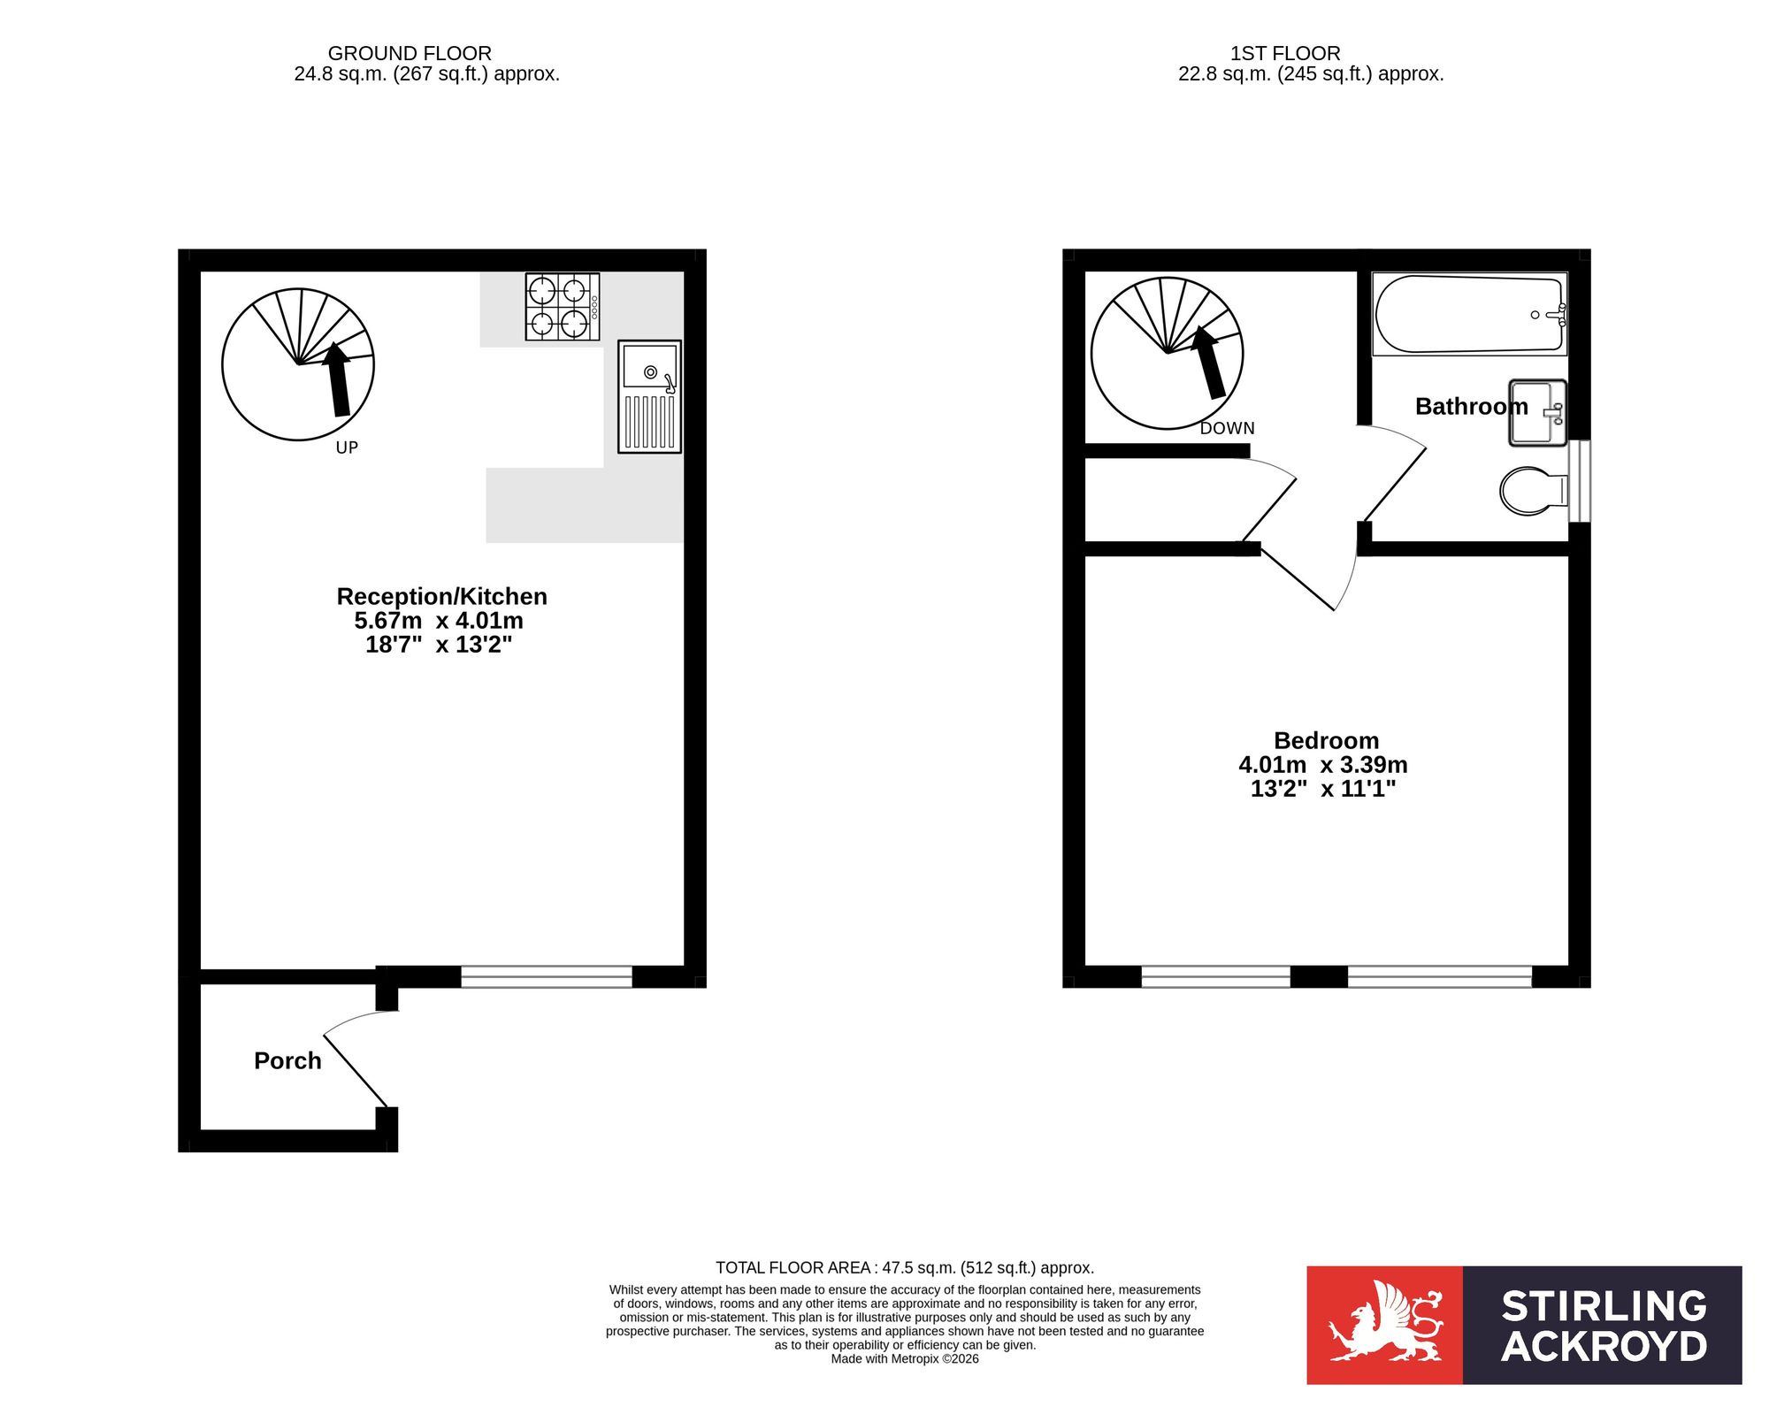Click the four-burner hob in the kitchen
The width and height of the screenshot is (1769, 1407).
click(563, 307)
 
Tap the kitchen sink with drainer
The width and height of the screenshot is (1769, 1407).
click(649, 396)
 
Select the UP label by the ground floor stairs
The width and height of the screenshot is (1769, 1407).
click(347, 447)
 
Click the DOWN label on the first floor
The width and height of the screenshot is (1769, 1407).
click(1227, 428)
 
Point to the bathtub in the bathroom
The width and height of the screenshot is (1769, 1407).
click(1469, 314)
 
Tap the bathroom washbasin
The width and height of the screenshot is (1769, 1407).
click(1537, 413)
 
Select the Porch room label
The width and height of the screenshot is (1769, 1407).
click(287, 1060)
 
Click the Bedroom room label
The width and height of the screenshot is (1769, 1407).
click(1326, 740)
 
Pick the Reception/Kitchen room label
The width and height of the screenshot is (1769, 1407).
click(441, 596)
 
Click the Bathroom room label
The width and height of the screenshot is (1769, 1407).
click(1472, 406)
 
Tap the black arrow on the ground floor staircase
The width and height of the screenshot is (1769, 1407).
click(337, 379)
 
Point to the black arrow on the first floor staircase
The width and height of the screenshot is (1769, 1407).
click(1208, 362)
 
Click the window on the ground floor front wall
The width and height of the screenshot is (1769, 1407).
click(547, 976)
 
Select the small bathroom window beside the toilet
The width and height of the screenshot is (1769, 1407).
click(1580, 481)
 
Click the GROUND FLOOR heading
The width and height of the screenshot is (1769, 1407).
click(410, 53)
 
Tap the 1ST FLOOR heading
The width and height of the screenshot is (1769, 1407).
click(1285, 53)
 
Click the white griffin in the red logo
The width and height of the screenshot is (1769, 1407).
click(1385, 1323)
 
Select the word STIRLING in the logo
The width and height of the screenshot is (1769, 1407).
click(1604, 1306)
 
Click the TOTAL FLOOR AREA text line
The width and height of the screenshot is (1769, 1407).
click(905, 1267)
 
